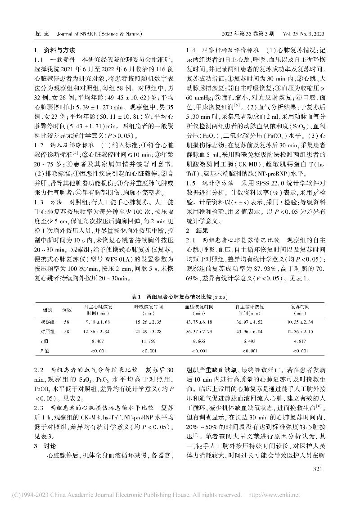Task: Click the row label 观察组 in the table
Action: click(48, 322)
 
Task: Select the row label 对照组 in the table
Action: click(48, 331)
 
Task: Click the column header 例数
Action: click(67, 310)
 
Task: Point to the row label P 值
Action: click(45, 350)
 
